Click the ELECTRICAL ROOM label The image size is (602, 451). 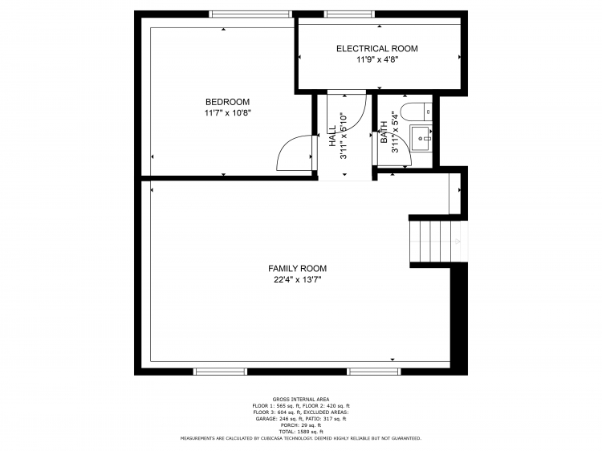[x=376, y=49]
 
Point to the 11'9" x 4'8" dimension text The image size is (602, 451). [x=376, y=59]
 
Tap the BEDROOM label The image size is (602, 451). [x=227, y=102]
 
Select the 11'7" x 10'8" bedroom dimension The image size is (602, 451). [x=227, y=113]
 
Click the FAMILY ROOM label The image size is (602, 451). [x=297, y=269]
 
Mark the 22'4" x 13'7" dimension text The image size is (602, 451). [x=297, y=280]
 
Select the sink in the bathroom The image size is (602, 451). [x=421, y=137]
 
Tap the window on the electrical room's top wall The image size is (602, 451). [x=348, y=14]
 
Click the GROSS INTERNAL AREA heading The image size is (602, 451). [x=300, y=399]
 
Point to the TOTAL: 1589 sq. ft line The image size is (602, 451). [x=300, y=432]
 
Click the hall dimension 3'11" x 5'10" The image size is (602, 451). [x=344, y=135]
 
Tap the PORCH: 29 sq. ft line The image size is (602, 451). [x=300, y=425]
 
